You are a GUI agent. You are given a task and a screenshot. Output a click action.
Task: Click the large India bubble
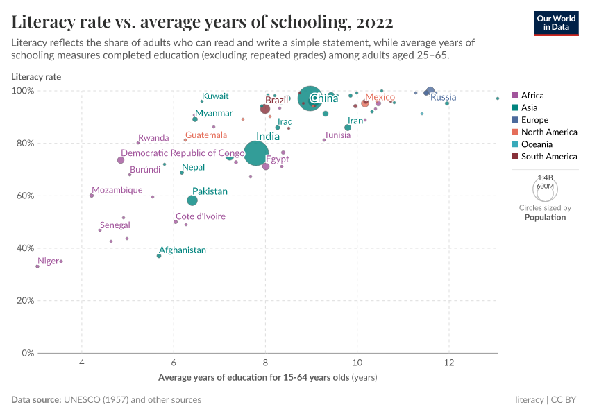(x=257, y=153)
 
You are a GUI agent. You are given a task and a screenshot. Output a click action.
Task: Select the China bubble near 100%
(x=310, y=98)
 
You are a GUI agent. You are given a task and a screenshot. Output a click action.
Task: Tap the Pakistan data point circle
(x=192, y=200)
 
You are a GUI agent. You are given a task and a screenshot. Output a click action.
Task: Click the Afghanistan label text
(x=183, y=250)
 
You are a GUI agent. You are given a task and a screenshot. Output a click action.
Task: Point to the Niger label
(x=49, y=261)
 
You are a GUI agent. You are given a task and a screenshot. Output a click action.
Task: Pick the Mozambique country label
(x=117, y=190)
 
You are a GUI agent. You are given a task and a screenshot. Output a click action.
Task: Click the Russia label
(x=444, y=97)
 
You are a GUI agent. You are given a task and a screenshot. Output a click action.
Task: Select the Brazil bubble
(x=265, y=109)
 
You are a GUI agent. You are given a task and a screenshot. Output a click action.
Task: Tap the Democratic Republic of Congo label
(x=183, y=153)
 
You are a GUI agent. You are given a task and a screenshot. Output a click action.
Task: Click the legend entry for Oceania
(x=537, y=144)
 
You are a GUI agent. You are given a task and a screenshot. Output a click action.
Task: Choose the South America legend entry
(x=548, y=157)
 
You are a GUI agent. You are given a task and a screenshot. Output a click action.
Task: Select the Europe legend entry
(x=534, y=120)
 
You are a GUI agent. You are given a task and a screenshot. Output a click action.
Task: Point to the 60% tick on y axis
(x=25, y=196)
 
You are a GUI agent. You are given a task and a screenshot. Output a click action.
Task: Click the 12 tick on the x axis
(x=448, y=363)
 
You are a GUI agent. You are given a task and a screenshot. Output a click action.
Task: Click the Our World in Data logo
(x=556, y=23)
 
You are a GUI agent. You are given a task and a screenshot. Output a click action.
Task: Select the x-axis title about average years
(x=267, y=377)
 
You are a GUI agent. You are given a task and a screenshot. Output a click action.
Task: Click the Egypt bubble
(x=266, y=166)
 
